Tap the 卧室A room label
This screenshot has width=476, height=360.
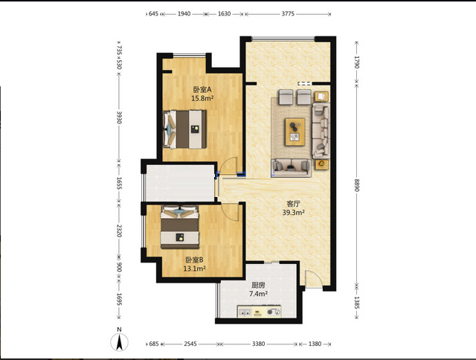click(202, 89)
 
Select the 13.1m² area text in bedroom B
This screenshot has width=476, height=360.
click(194, 269)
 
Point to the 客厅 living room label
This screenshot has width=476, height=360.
click(293, 204)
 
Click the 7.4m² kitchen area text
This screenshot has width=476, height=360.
click(258, 294)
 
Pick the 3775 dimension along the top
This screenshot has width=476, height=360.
click(288, 13)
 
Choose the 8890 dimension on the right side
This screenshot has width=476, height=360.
click(357, 185)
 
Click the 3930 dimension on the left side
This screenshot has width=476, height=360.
click(119, 118)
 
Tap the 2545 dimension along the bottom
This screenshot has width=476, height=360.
click(190, 344)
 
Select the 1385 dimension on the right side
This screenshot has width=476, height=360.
click(357, 303)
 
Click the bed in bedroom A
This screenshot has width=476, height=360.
click(184, 129)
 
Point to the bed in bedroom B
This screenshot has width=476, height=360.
click(180, 227)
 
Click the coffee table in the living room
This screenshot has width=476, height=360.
click(295, 132)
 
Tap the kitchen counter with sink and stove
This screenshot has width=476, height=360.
click(259, 312)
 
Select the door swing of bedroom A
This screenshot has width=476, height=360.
click(229, 165)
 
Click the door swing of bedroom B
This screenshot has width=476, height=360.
click(231, 212)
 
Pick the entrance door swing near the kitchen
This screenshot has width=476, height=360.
click(312, 279)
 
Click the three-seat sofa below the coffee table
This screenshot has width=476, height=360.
click(291, 168)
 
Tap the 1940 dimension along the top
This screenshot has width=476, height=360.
click(184, 13)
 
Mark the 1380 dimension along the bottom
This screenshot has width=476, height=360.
click(315, 344)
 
